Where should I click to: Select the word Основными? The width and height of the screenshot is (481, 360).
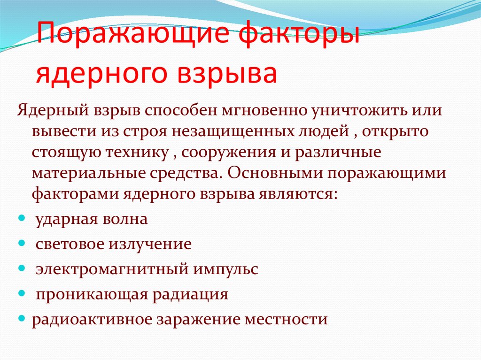pos(271,173)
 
